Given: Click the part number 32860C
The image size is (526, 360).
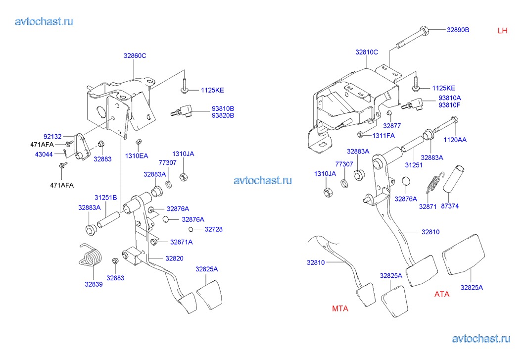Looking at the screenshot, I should [x=135, y=56].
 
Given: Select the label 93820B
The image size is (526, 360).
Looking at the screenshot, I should [x=223, y=115].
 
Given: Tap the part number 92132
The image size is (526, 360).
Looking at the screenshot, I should [x=52, y=135].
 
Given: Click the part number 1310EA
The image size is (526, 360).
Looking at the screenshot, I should [x=137, y=156].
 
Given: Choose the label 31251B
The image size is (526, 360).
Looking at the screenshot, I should [x=105, y=198].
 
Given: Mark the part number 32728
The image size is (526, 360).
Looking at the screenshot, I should [x=213, y=229].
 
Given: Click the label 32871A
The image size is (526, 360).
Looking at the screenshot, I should [x=181, y=242].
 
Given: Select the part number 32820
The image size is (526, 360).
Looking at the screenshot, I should [x=174, y=258].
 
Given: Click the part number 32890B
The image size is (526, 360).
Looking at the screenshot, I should [x=458, y=30].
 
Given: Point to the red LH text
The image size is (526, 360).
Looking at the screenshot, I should [x=502, y=31].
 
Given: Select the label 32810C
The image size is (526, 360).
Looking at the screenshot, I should [x=366, y=52].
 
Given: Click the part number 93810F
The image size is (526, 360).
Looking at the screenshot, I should [x=449, y=105].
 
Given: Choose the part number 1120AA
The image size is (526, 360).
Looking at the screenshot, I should [x=454, y=140].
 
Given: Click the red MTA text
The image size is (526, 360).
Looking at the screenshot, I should [x=340, y=309].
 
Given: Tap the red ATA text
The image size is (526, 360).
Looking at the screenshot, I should [x=442, y=294].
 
